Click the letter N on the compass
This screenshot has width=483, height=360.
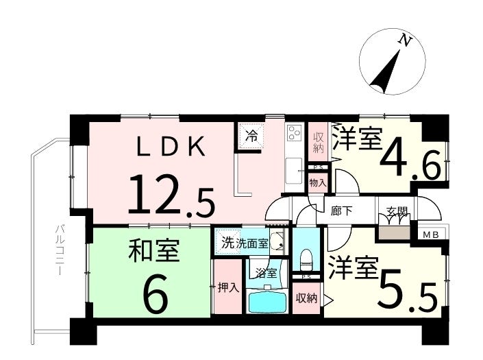(x=406, y=41)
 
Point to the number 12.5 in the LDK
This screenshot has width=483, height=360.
(x=171, y=195)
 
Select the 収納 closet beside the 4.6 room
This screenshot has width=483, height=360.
(x=319, y=141)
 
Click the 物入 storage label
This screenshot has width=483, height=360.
(x=318, y=183)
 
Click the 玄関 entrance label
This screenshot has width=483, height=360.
(x=397, y=212)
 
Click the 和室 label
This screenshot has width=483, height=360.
(x=155, y=252)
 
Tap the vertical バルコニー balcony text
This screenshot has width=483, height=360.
(x=59, y=251)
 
